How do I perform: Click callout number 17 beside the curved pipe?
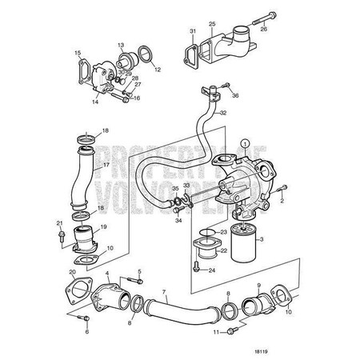(x=103, y=168)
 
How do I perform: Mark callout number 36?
(x=234, y=96)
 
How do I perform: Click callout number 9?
(x=258, y=286)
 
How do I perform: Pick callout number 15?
(x=78, y=54)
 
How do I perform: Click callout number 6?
(x=87, y=331)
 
